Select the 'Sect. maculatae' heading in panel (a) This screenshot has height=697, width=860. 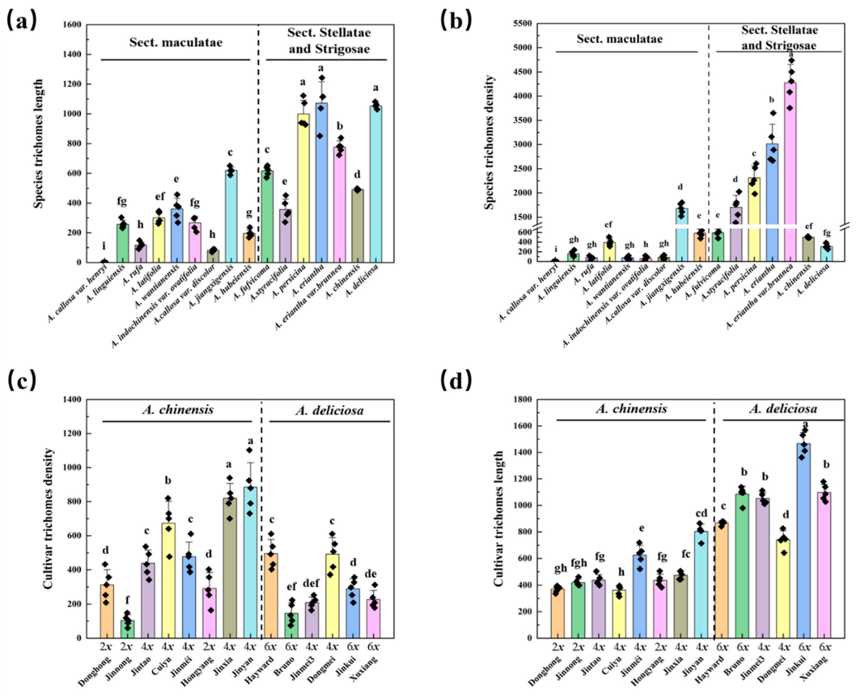click(176, 43)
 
